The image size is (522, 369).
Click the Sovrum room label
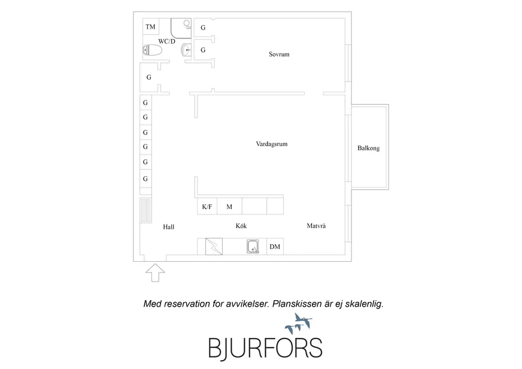point(279,55)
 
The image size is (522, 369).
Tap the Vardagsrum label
point(272,144)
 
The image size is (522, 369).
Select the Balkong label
point(369,148)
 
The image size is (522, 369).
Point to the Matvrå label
point(316,226)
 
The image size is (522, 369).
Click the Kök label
point(241,226)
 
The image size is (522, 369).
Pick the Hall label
point(168,227)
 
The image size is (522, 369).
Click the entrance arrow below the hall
point(155,273)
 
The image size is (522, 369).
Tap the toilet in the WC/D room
point(153,50)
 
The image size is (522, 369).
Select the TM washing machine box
point(150,26)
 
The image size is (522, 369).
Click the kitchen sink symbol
point(253,247)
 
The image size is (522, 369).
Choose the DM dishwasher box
point(275,247)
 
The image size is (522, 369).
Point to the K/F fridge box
point(207,207)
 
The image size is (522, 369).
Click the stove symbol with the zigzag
point(214,247)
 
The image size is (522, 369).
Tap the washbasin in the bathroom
point(186,50)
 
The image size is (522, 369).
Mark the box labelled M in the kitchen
point(229,207)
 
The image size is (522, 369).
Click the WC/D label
point(166,41)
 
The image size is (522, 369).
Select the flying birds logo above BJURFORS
point(299,323)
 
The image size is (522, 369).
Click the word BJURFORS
point(265,349)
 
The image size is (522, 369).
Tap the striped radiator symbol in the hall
point(145,210)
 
